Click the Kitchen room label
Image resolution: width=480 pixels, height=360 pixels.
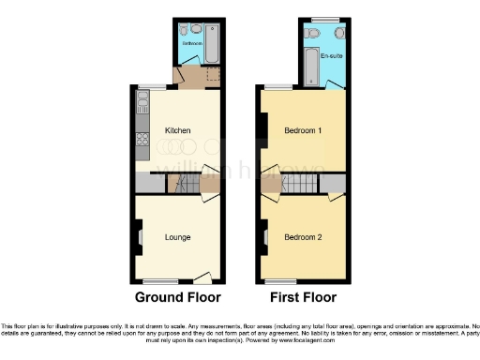pyautogui.click(x=178, y=130)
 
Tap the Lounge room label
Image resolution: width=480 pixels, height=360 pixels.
pyautogui.click(x=178, y=236)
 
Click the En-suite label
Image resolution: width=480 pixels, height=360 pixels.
pyautogui.click(x=330, y=57)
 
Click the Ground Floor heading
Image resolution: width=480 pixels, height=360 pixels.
pyautogui.click(x=178, y=298)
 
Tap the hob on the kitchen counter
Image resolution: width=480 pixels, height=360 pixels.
pyautogui.click(x=142, y=143)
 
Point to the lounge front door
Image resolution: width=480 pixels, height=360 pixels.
pyautogui.click(x=202, y=277)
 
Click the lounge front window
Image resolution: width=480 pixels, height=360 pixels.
pyautogui.click(x=161, y=282)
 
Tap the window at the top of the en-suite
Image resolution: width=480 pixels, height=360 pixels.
pyautogui.click(x=326, y=20)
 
